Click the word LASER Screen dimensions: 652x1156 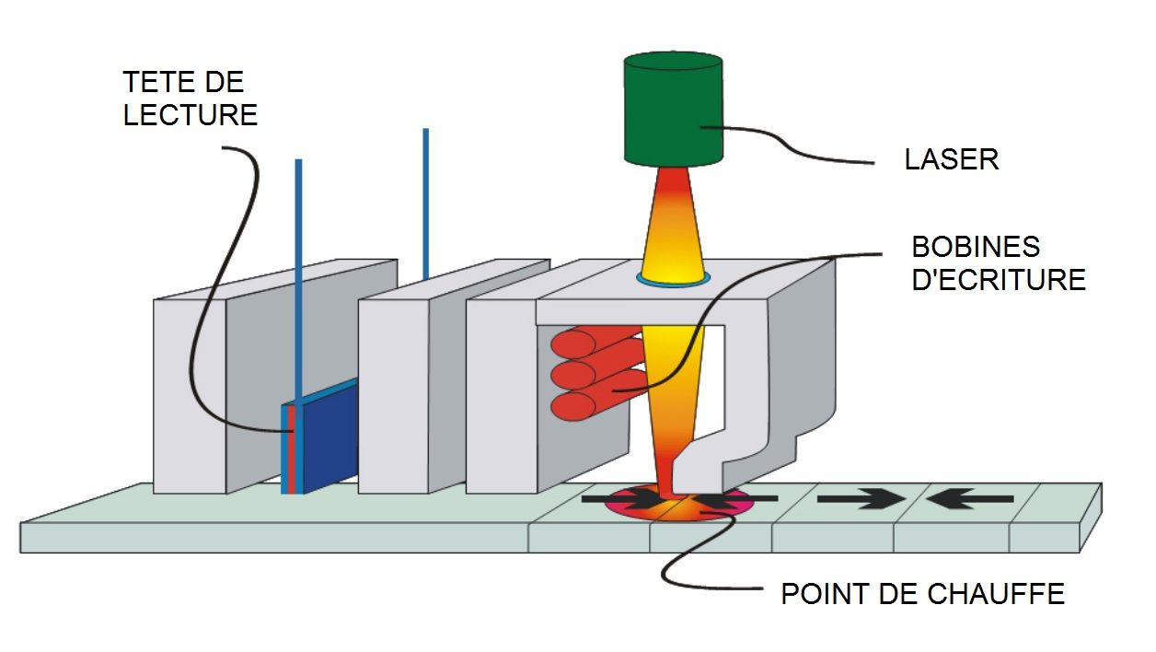[x=951, y=159]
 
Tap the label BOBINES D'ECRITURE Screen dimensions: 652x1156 [x=998, y=262]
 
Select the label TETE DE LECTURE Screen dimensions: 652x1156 [x=190, y=99]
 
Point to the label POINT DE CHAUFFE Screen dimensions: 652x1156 [x=922, y=593]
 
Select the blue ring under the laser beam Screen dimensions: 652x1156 [x=673, y=280]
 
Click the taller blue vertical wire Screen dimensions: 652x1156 [x=426, y=203]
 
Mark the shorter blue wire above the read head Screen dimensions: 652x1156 [x=298, y=276]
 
